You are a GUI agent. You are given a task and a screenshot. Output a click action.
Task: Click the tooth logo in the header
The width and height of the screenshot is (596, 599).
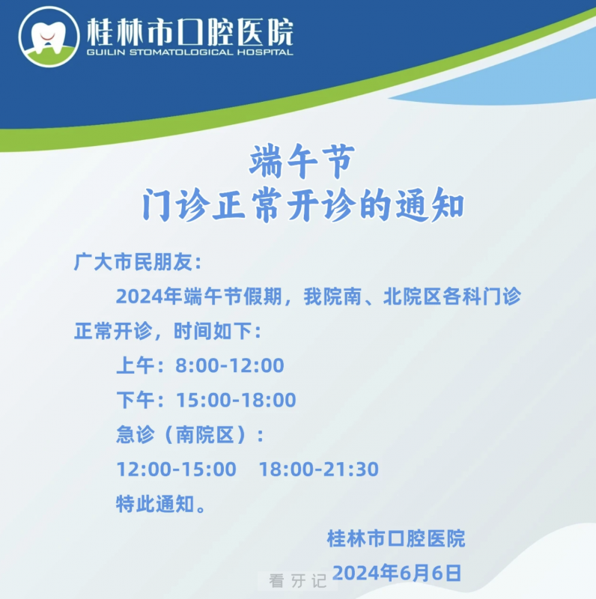point(49,37)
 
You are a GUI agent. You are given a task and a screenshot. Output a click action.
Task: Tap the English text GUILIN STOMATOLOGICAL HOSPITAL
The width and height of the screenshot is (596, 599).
point(190,52)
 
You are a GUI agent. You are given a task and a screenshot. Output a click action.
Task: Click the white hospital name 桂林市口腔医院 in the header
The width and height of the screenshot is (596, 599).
point(190,31)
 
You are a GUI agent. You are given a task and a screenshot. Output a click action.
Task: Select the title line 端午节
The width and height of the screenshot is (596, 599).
point(302,161)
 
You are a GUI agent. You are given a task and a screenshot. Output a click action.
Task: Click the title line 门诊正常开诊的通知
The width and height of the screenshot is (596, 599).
point(303,204)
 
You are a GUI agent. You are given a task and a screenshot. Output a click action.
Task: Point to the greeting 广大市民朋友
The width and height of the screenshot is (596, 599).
point(133,262)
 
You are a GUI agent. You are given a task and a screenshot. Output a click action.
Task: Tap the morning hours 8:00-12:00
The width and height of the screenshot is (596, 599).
point(230,365)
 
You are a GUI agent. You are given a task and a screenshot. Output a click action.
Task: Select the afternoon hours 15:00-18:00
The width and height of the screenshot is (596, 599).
point(236,400)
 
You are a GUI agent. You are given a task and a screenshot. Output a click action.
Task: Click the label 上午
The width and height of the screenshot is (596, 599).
point(136,365)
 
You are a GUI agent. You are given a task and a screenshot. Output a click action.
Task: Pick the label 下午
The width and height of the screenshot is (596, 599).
point(136,400)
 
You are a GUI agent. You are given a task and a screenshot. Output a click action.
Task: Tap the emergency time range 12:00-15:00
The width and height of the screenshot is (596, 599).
point(176,469)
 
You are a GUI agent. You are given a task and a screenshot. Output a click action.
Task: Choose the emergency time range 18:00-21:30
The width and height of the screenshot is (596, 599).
point(319,469)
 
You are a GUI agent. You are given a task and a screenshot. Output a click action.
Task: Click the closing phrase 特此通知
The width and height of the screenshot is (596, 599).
point(156,504)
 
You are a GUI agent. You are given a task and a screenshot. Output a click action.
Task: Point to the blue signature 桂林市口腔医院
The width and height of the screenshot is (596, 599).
point(396,538)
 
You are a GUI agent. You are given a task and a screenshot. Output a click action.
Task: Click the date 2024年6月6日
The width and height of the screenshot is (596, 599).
point(397,573)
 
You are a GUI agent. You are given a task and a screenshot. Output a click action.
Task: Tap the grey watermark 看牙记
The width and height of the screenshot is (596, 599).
point(297,581)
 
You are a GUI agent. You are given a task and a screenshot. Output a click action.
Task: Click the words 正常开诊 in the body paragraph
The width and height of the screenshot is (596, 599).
point(113,331)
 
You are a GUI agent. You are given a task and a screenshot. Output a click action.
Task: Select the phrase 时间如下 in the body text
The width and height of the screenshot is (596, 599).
point(213,331)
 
